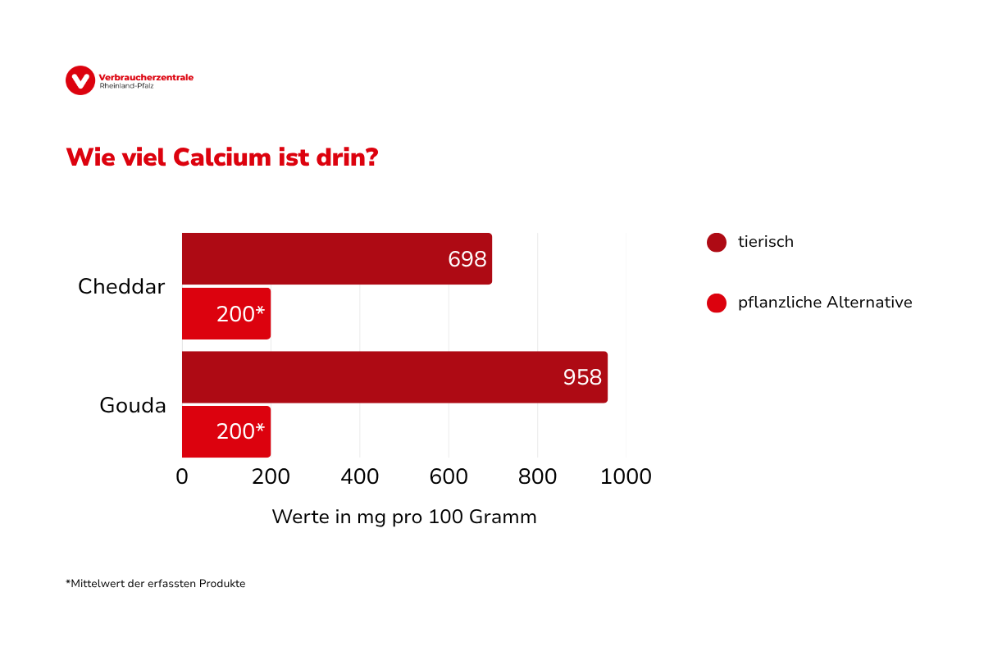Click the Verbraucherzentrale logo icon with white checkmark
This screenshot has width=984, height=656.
click(x=80, y=80)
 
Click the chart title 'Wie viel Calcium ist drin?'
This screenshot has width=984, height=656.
click(x=221, y=157)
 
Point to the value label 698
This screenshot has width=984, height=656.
click(x=467, y=260)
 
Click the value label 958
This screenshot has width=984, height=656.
click(x=582, y=378)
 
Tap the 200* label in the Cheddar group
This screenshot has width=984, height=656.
click(x=241, y=314)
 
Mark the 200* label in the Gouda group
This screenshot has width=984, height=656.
click(x=241, y=432)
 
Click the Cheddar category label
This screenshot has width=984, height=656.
click(x=121, y=287)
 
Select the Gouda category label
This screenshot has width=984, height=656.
click(x=133, y=405)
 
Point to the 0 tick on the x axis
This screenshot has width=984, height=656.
click(x=182, y=476)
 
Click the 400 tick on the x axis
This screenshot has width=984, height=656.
click(x=360, y=476)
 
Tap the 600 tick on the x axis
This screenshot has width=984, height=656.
click(x=449, y=476)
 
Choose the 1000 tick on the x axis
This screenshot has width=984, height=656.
click(x=626, y=476)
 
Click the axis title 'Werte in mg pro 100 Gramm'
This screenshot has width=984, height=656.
click(x=404, y=517)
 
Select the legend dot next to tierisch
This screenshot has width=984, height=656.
click(x=717, y=243)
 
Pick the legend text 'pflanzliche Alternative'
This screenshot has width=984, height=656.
click(x=825, y=303)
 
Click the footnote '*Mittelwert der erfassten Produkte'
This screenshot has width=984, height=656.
click(x=156, y=584)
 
